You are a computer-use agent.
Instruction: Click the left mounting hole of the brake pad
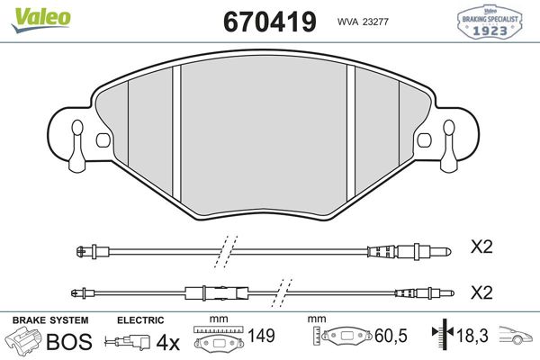point(102,141)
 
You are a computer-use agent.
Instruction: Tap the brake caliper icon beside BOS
point(24,342)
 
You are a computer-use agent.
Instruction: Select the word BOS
point(69,342)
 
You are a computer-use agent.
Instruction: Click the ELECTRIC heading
point(139,320)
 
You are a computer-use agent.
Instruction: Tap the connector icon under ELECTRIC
point(128,342)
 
